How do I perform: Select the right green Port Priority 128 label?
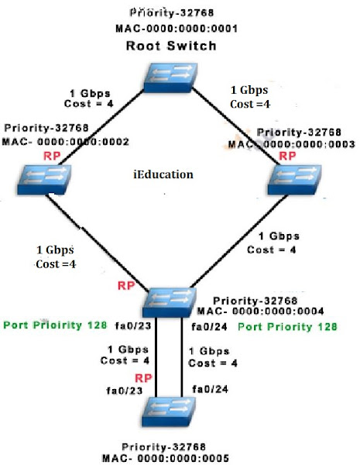point(287,327)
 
